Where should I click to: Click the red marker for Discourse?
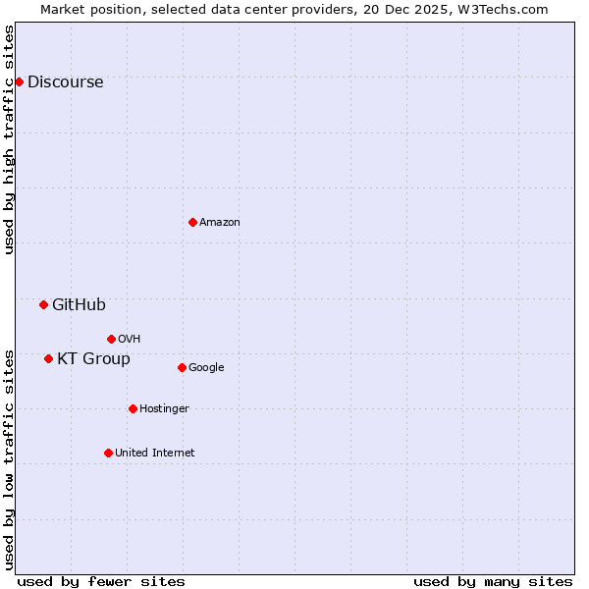19,81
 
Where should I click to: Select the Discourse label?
65,82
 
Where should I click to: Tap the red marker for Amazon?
192,222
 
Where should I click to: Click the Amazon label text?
220,223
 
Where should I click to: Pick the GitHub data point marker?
43,304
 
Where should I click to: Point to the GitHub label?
79,305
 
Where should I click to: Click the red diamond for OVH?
111,339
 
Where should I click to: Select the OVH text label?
129,340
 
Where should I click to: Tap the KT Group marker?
48,358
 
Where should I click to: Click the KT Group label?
93,359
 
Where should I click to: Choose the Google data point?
182,367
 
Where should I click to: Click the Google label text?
206,368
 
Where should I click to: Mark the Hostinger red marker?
133,408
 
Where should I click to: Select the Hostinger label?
164,409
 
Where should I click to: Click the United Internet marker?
108,453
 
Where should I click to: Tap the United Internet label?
155,454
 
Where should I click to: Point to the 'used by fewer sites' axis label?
101,581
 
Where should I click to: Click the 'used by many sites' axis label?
493,581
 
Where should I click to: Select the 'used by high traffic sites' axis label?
10,139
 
